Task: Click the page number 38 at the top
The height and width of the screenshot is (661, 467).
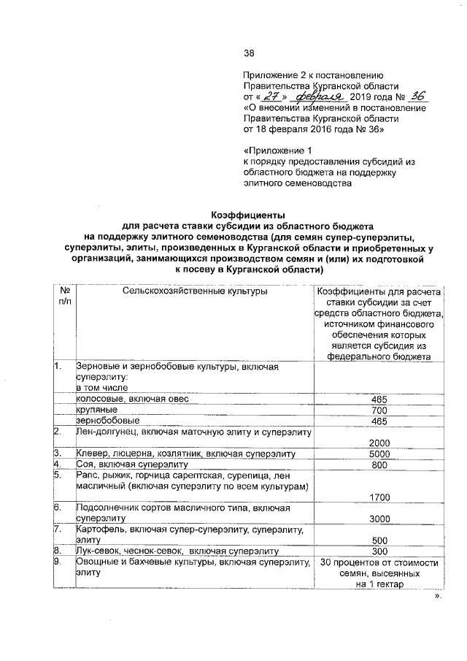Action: point(248,53)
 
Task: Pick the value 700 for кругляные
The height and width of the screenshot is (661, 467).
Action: point(377,411)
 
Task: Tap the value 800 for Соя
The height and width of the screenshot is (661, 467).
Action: point(377,465)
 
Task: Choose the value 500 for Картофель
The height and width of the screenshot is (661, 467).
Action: point(377,540)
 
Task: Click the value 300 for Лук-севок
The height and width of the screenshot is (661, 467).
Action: point(377,551)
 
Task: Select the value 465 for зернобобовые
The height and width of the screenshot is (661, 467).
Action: point(377,421)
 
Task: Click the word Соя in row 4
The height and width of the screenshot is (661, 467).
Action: point(85,465)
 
